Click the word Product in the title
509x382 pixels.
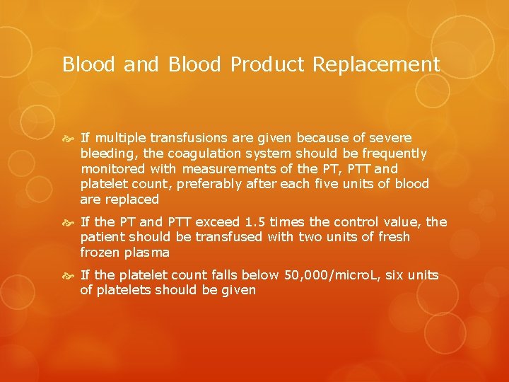point(268,65)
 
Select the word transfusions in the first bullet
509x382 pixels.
point(180,137)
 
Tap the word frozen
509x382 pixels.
point(100,253)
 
